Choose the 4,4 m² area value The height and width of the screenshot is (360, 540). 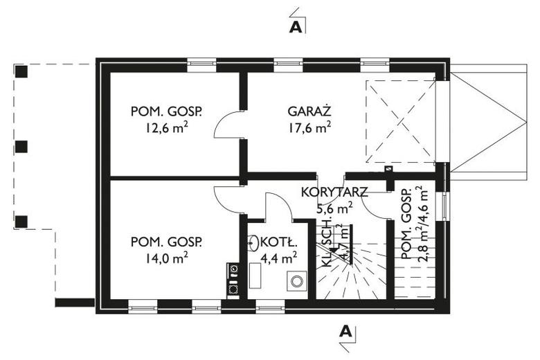tap(280, 258)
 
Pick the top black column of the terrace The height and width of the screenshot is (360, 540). tap(21, 71)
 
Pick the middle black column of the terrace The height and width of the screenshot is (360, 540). tap(21, 146)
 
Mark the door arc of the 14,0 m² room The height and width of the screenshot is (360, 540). tap(227, 198)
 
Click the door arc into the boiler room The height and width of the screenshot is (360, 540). tap(279, 206)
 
